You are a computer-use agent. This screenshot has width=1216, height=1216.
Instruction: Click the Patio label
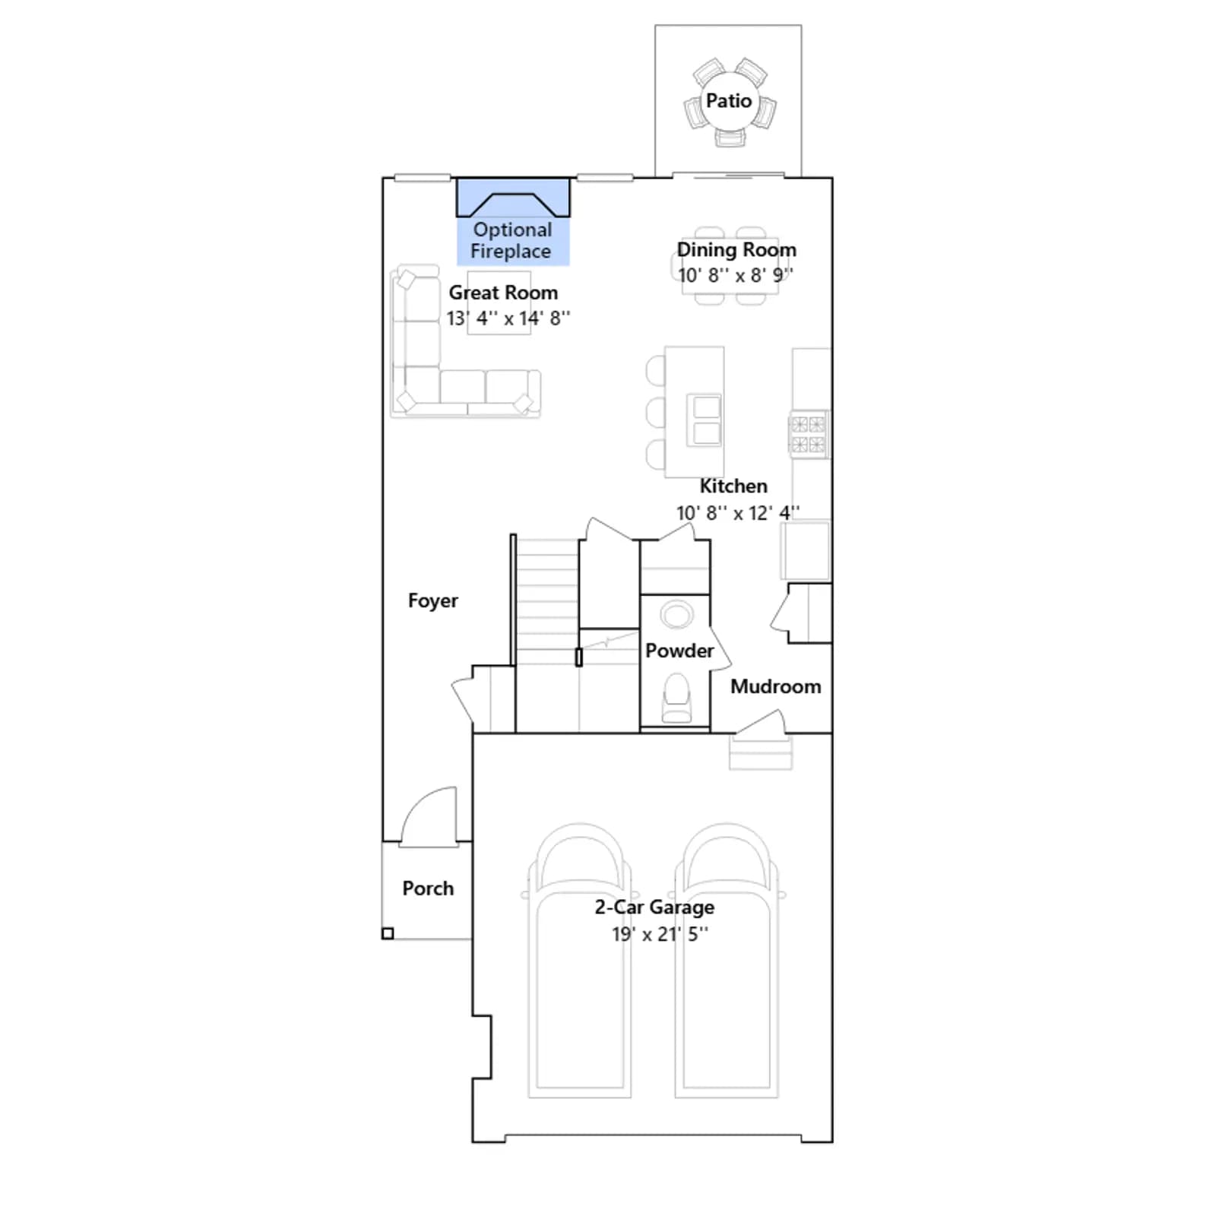[728, 100]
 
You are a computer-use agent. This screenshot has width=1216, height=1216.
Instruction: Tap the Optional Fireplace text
[511, 240]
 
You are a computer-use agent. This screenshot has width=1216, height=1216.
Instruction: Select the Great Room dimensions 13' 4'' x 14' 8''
[508, 318]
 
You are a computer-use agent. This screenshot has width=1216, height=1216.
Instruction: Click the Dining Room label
[736, 249]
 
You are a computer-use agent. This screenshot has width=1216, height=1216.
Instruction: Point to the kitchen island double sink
[705, 420]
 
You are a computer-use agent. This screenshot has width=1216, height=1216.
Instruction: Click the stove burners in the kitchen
[808, 434]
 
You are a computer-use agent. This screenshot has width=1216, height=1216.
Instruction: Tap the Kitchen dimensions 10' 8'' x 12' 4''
[738, 513]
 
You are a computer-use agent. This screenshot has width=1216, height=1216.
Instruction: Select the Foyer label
[432, 600]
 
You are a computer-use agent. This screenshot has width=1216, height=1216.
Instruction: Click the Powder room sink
[676, 614]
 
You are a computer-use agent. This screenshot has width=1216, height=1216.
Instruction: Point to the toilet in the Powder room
[676, 698]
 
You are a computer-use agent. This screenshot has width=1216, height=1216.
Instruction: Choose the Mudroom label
[775, 686]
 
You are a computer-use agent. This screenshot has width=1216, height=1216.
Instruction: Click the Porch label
[428, 888]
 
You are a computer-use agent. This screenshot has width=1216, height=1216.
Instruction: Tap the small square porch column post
[388, 933]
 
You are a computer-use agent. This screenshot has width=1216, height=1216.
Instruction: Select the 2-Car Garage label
[654, 907]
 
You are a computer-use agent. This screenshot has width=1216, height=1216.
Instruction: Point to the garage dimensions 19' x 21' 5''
[660, 934]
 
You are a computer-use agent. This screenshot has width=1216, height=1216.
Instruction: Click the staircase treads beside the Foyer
[547, 600]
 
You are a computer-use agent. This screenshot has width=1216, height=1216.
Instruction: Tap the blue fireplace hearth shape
[513, 198]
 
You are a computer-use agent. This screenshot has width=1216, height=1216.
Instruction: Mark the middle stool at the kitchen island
[655, 413]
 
